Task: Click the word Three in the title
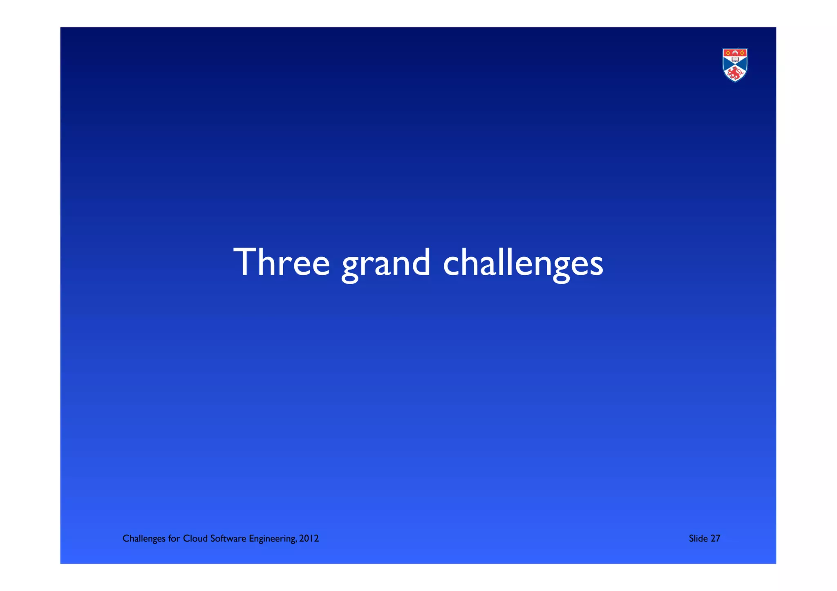281,262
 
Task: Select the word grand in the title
386,264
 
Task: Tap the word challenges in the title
523,263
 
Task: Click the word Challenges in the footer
144,539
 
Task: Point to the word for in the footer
174,539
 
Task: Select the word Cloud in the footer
195,539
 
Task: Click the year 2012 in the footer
309,539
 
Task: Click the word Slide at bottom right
698,539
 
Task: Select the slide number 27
715,539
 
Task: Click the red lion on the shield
735,74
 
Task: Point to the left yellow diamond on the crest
728,53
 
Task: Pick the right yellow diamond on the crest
742,53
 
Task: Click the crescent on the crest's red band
735,52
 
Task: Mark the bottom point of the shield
735,81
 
